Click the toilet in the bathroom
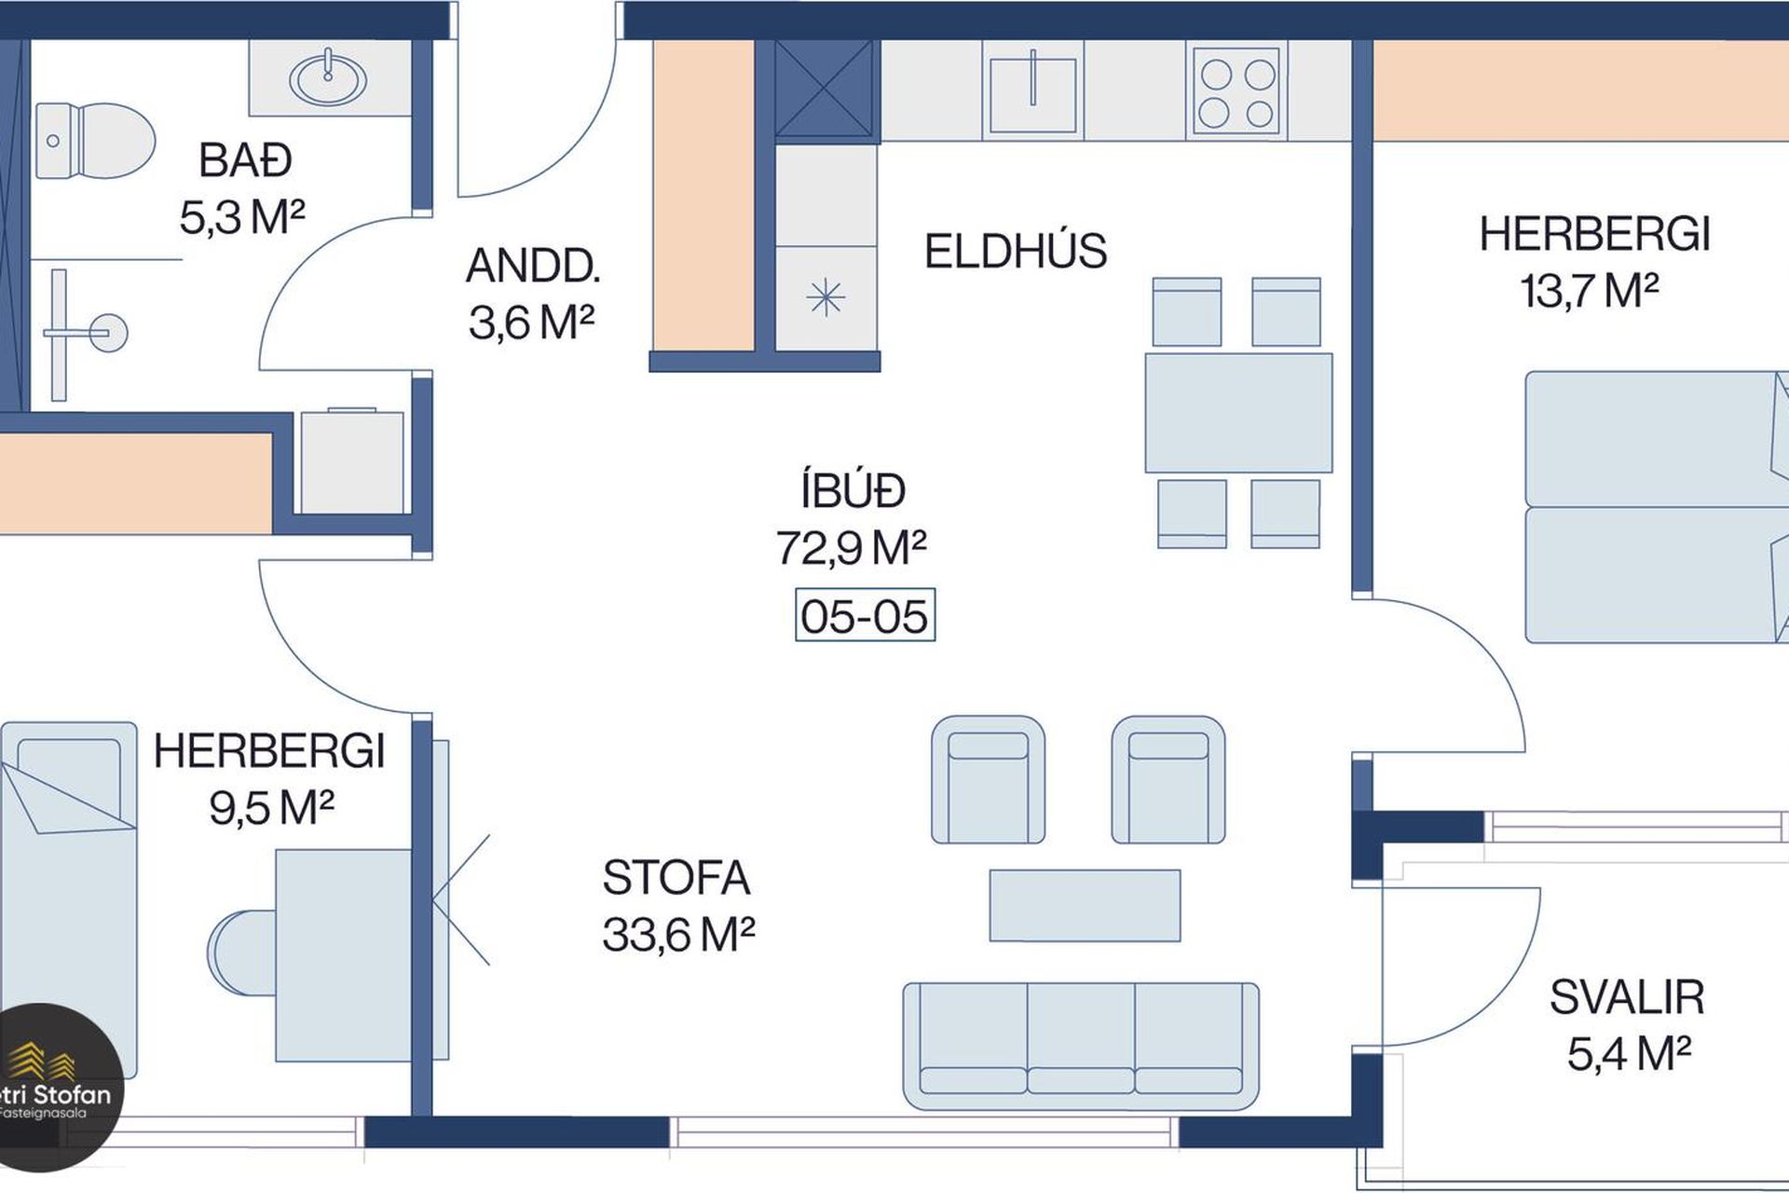coord(94,141)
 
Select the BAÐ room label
coord(245,160)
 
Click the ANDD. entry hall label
coord(533,266)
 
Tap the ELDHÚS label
coord(1016,251)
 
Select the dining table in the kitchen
coord(1238,413)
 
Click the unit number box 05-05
coord(865,615)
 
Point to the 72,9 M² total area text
coord(851,548)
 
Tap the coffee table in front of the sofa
coord(1085,905)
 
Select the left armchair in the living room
coord(988,780)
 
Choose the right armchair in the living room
coord(1168,780)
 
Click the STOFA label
coord(676,877)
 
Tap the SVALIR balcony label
coord(1627,997)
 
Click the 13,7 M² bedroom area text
coord(1590,291)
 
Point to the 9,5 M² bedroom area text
coord(271,807)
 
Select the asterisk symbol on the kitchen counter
coord(826,298)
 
